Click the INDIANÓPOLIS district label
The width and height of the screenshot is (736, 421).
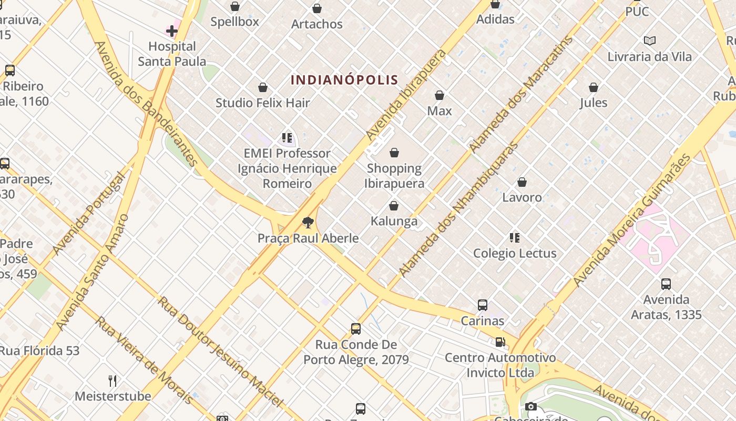[x=344, y=80]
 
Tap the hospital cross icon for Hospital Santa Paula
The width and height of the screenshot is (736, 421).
[x=172, y=31]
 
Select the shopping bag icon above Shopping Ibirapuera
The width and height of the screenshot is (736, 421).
[x=394, y=153]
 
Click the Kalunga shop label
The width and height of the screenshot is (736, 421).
[x=394, y=221]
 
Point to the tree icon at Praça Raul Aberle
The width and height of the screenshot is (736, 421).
[x=308, y=223]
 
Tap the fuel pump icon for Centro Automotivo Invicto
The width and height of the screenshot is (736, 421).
[x=500, y=342]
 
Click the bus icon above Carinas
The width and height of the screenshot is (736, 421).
[x=482, y=305]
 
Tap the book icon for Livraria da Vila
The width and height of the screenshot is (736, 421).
[x=650, y=41]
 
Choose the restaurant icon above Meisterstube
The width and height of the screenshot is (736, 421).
[x=113, y=380]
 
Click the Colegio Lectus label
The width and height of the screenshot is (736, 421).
[x=515, y=253]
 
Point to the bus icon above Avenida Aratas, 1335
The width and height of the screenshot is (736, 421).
[x=666, y=284]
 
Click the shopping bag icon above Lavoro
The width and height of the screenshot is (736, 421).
[x=522, y=182]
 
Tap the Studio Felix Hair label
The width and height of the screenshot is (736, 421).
[x=263, y=103]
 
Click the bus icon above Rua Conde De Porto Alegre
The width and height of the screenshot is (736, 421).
[x=356, y=329]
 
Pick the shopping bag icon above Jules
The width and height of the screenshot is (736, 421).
[x=594, y=87]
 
